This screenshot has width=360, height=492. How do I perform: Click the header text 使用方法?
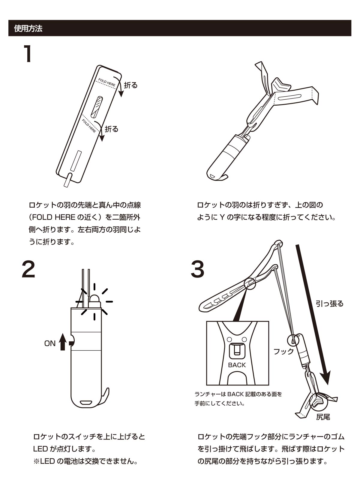tap(28, 29)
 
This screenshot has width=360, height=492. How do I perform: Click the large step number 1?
tap(28, 54)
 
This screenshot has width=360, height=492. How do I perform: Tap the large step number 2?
tap(28, 269)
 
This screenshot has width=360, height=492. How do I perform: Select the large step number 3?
tap(198, 269)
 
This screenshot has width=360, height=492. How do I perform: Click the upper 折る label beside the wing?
tap(131, 85)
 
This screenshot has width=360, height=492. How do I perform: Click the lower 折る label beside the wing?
tap(112, 129)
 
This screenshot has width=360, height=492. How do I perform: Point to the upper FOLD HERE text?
tap(107, 82)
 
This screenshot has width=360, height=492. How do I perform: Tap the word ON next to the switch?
tap(50, 343)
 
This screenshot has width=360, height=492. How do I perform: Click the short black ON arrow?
tap(62, 342)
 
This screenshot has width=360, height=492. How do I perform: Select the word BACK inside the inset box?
tap(237, 365)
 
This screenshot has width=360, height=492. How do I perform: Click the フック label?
tap(283, 352)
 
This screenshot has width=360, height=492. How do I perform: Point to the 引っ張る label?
tap(329, 304)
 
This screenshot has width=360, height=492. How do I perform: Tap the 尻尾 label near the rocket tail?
tap(323, 417)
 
